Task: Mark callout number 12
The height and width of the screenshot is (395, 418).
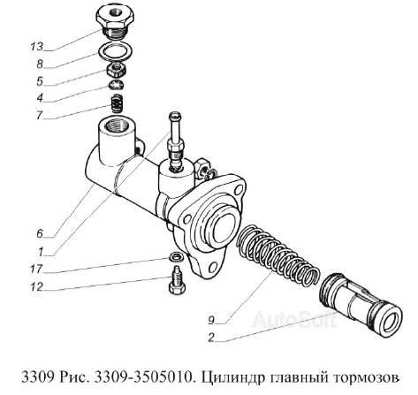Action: point(35,286)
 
